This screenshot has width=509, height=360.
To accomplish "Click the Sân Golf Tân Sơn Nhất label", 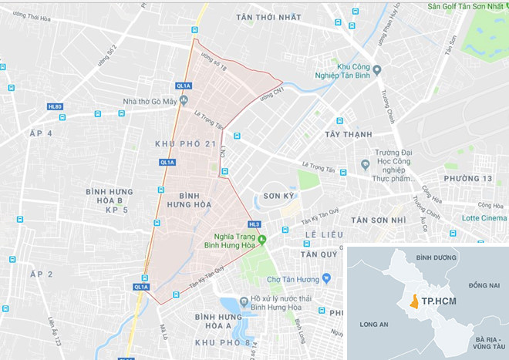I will point(465,7).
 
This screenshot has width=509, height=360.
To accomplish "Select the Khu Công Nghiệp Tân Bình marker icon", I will point(319,76).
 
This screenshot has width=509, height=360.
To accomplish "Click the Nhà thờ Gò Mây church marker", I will point(184,101).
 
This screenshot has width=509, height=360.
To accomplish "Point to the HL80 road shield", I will point(55,106).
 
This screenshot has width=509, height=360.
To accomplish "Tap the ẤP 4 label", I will point(40,133).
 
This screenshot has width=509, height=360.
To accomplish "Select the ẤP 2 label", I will point(40,274).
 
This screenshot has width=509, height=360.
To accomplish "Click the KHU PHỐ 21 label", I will point(184,145).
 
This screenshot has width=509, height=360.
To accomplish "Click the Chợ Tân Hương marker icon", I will point(328,278).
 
